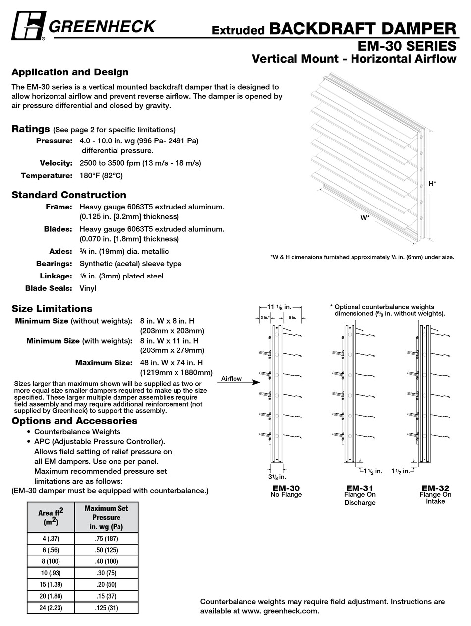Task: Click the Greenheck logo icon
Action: [x=29, y=25]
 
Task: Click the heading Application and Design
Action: [x=70, y=72]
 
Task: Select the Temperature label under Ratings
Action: [x=47, y=175]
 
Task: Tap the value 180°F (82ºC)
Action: [x=101, y=175]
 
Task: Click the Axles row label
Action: [x=60, y=251]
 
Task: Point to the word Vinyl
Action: [x=88, y=288]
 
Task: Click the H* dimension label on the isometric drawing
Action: [x=432, y=184]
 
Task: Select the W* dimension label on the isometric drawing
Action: [x=365, y=217]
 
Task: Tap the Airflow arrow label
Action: [x=231, y=379]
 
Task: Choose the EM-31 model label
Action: [x=359, y=487]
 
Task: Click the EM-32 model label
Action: [x=435, y=487]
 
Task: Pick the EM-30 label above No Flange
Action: [x=286, y=487]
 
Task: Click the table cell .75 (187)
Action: [x=106, y=538]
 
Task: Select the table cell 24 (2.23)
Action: [x=51, y=608]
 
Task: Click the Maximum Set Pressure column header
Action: [x=106, y=517]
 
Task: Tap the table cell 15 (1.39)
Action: [x=51, y=584]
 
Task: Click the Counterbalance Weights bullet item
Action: [x=77, y=432]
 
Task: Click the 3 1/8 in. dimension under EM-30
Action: [x=277, y=476]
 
